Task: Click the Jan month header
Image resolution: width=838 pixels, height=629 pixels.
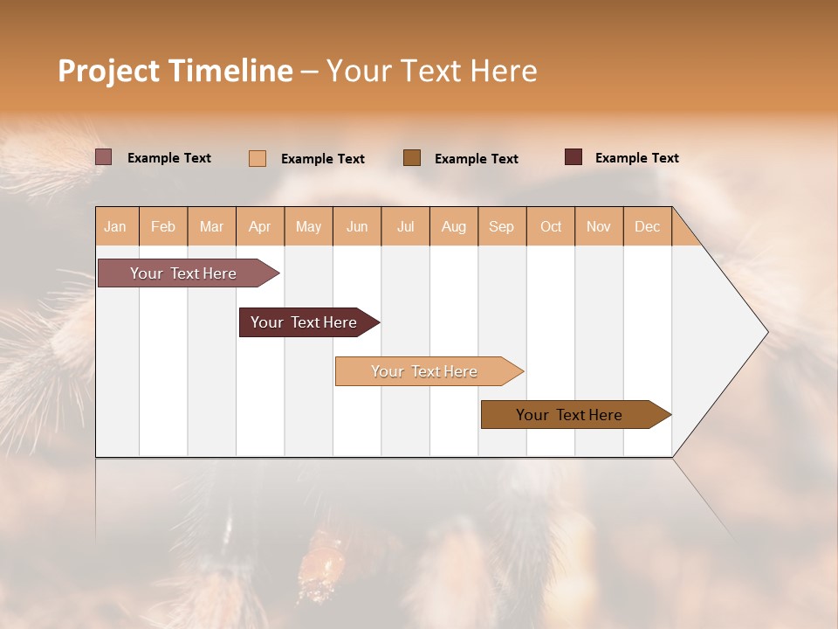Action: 115,226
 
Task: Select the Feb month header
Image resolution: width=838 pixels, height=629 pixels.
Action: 163,226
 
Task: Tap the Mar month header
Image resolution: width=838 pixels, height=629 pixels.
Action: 211,226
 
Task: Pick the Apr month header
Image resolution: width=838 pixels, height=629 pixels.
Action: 259,226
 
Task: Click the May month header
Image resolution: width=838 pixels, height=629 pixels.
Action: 308,226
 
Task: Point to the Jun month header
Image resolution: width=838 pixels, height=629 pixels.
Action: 357,226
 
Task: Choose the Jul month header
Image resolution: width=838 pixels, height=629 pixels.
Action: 405,226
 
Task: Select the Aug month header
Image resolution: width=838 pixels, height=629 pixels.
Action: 453,226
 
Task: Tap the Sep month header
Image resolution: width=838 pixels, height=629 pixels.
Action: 501,226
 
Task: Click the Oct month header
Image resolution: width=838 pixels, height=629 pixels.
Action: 551,226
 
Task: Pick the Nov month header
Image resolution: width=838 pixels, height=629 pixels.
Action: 598,226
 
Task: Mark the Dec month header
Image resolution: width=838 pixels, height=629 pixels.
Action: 647,226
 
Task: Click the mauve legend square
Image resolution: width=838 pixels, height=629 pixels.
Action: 103,157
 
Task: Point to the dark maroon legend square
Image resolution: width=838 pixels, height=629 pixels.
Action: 573,157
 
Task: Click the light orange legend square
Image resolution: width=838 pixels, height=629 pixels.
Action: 257,158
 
